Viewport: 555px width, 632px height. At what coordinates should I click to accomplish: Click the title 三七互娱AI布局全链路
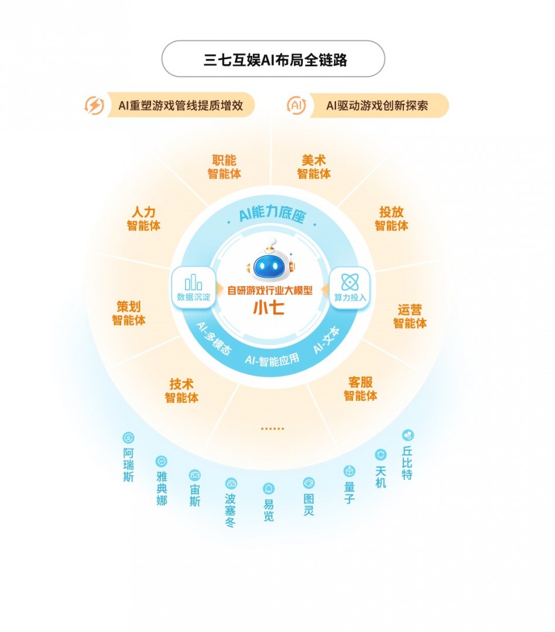pos(275,60)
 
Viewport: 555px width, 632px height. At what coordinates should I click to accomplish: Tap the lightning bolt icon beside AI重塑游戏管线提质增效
pos(94,105)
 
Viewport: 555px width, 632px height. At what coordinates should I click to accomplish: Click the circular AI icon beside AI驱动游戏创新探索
pos(296,105)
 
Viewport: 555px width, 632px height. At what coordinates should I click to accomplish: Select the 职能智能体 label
pos(224,167)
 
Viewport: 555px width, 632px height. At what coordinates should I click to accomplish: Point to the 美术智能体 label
pos(314,167)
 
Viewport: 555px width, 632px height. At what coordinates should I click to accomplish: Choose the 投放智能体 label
pos(391,218)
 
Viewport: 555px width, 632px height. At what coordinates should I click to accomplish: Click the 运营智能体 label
pos(410,316)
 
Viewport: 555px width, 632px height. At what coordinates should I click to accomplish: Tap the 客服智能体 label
pos(360,389)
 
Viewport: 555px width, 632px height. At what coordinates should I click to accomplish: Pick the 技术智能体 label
pos(181,390)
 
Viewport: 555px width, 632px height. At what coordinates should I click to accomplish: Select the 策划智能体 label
pos(129,313)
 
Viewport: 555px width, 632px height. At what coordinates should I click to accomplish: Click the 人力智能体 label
pos(143,218)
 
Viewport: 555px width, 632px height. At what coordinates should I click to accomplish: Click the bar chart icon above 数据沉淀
pos(193,282)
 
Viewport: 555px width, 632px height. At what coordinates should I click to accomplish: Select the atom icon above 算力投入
pos(350,281)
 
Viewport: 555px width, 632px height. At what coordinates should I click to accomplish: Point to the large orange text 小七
pos(269,308)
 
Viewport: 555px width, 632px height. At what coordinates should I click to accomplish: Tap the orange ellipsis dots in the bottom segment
pos(272,428)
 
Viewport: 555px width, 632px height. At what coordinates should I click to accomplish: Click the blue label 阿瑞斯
pos(128,465)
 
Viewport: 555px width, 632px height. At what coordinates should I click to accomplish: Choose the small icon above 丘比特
pos(408,435)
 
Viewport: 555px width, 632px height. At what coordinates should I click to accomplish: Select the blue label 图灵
pos(309,504)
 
